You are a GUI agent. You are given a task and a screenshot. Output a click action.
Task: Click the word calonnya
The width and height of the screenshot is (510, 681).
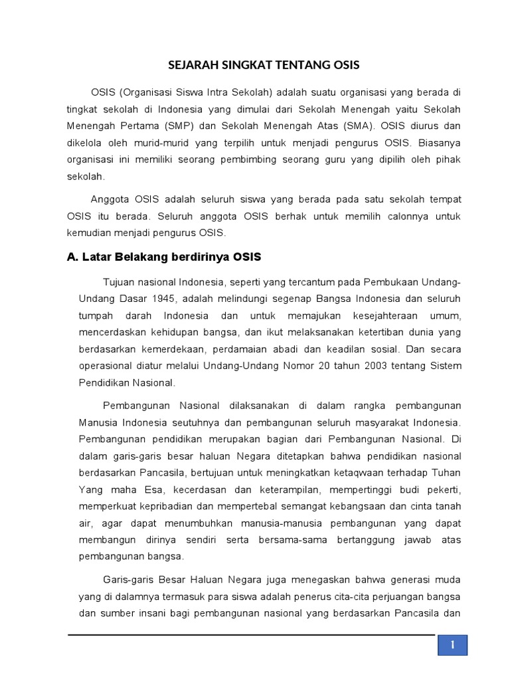pos(378,217)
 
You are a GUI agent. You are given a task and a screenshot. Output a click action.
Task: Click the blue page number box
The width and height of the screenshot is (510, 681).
pos(452,645)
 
